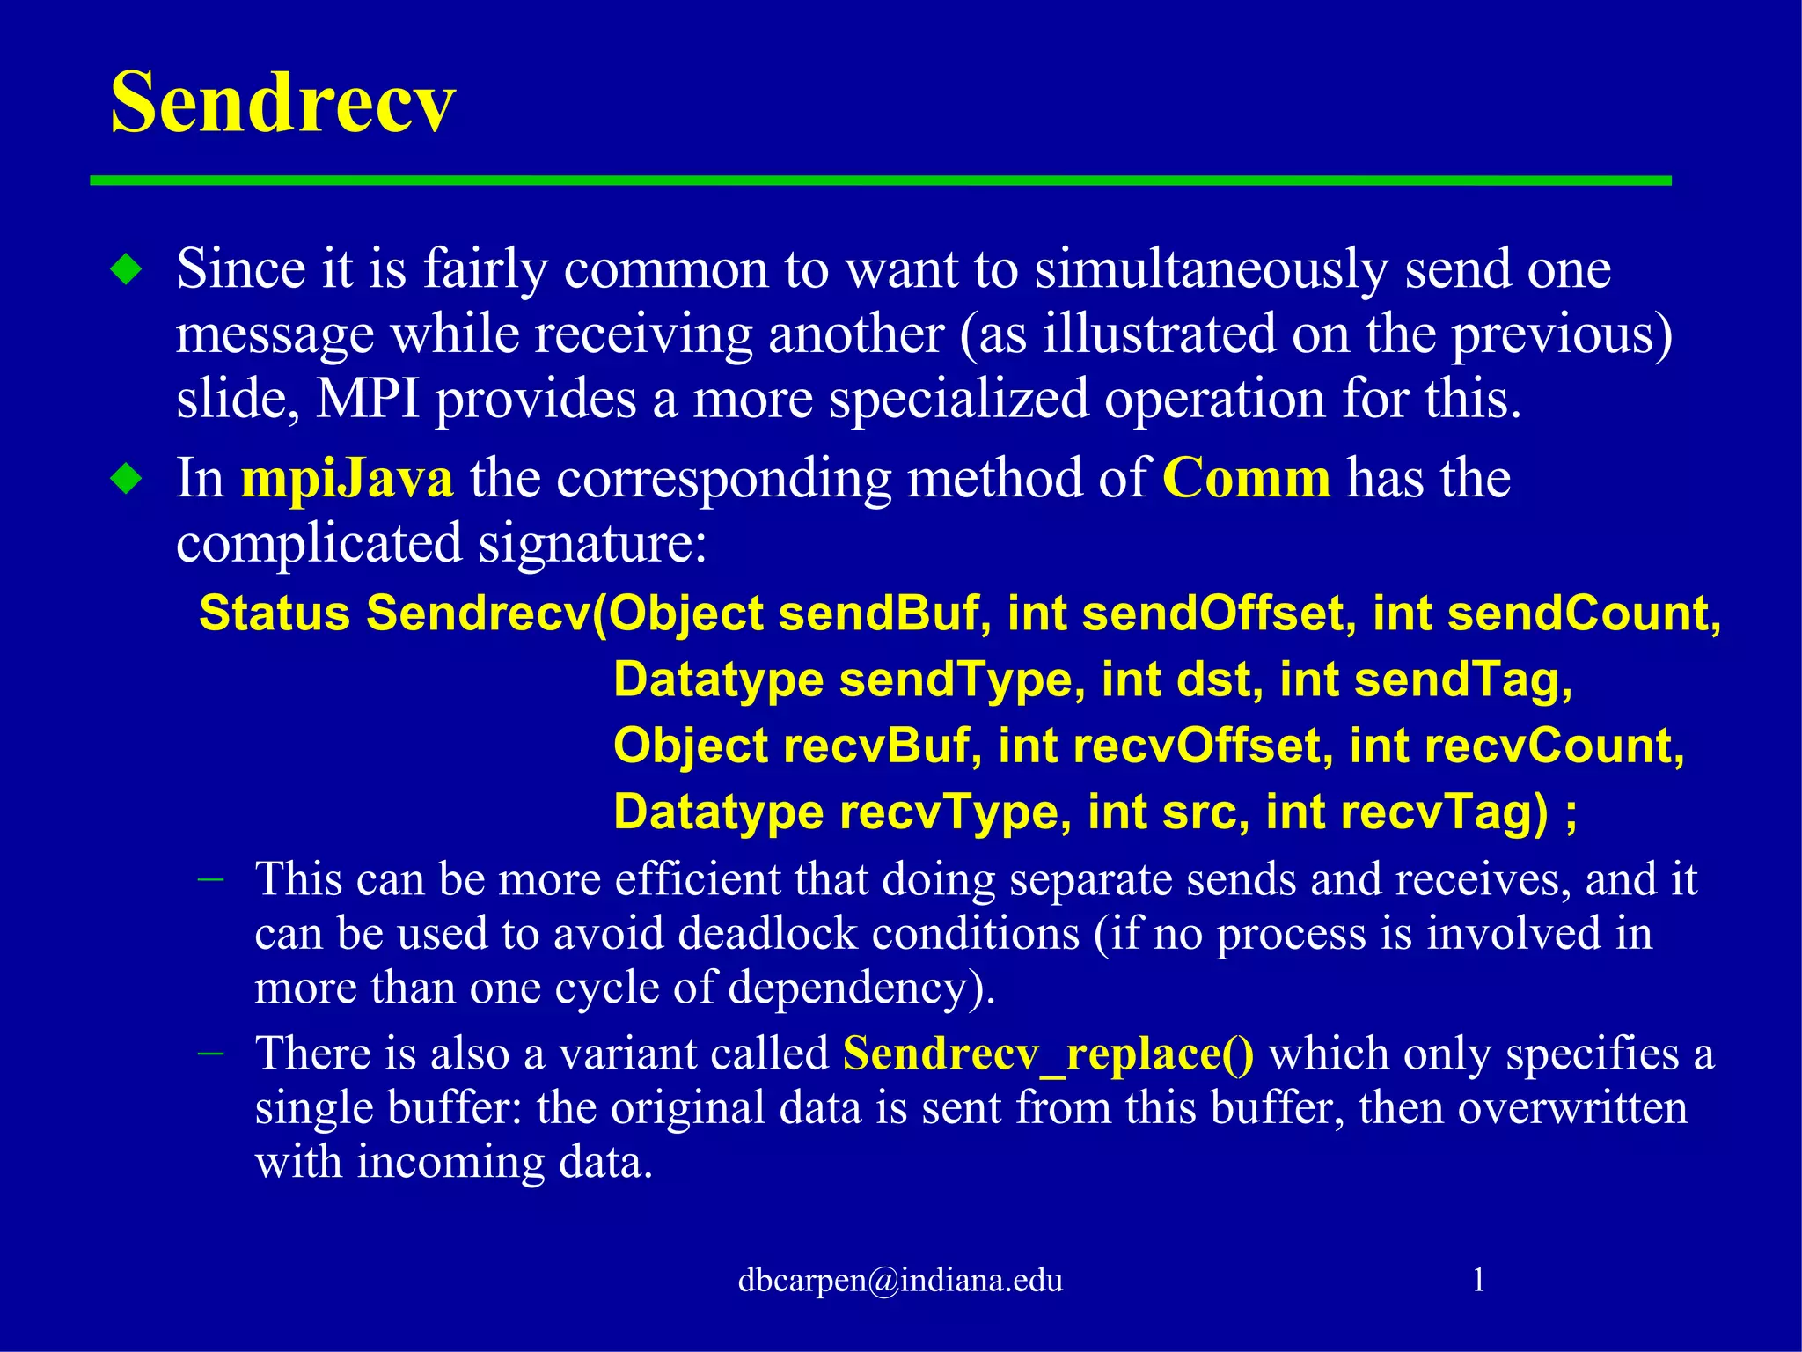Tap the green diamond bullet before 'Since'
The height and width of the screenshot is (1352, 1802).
[127, 269]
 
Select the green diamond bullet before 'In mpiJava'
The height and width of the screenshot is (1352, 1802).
[127, 480]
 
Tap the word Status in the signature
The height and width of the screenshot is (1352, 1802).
[275, 613]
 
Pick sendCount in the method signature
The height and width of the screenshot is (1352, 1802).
[1583, 613]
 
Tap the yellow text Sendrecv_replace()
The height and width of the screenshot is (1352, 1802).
[1048, 1054]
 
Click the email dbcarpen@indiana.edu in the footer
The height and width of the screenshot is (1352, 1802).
[900, 1280]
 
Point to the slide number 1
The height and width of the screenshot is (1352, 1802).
[1479, 1279]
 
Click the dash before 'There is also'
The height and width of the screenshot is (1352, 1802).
[211, 1053]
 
